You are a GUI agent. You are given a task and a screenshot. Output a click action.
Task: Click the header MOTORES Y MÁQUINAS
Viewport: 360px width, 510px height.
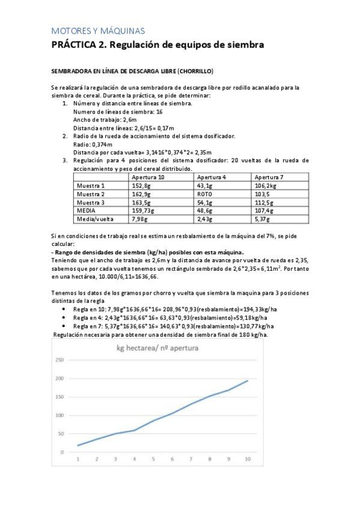98,31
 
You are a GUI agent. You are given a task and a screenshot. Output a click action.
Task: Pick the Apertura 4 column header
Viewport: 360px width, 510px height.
211,177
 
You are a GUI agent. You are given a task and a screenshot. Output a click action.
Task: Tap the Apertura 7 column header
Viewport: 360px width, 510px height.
269,177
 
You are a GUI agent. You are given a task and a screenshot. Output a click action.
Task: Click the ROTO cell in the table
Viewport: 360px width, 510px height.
205,194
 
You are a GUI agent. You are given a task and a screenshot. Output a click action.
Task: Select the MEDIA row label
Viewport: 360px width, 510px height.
87,211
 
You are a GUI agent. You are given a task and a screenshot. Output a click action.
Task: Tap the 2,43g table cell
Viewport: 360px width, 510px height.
205,220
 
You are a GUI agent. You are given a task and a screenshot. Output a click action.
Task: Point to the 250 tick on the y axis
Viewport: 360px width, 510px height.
59,360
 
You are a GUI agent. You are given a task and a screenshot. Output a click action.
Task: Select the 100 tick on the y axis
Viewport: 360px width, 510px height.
59,415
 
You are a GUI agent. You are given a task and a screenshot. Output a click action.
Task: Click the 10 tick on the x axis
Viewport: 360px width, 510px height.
247,460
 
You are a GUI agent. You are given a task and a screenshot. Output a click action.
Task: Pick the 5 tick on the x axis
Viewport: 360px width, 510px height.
153,460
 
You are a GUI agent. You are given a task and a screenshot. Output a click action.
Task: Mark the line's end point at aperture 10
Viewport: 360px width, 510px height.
247,381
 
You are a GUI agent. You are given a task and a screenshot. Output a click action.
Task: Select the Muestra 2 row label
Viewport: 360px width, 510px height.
91,194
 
